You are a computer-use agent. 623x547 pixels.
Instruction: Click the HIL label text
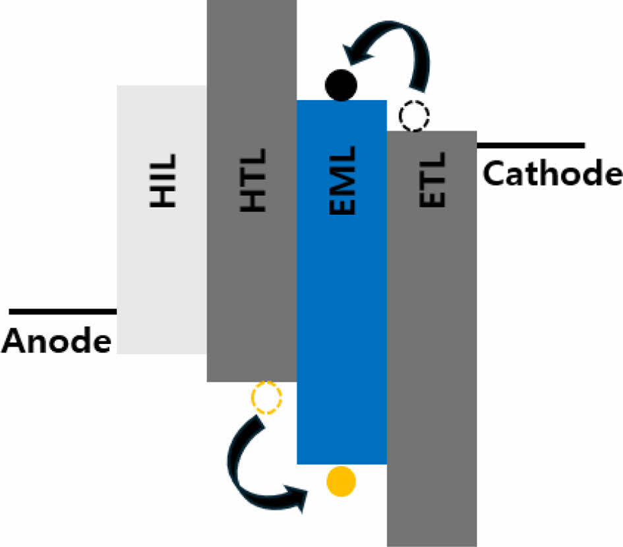click(x=163, y=181)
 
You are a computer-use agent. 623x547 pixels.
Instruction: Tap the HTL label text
click(x=252, y=181)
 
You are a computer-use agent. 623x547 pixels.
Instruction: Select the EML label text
click(x=342, y=181)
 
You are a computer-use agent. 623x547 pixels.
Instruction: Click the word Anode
click(x=57, y=341)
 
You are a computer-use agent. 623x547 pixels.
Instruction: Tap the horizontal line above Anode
click(x=63, y=310)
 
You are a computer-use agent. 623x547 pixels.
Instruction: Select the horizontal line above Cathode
click(x=530, y=144)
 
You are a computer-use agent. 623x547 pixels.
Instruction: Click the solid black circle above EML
click(x=341, y=85)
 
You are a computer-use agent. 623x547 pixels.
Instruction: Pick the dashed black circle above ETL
click(x=414, y=117)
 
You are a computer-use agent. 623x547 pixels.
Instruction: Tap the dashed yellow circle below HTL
click(x=266, y=397)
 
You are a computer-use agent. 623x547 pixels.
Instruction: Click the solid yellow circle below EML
click(x=341, y=481)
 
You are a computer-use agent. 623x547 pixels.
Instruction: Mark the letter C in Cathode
click(x=494, y=173)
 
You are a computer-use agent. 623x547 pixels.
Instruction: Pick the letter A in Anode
click(x=15, y=341)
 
